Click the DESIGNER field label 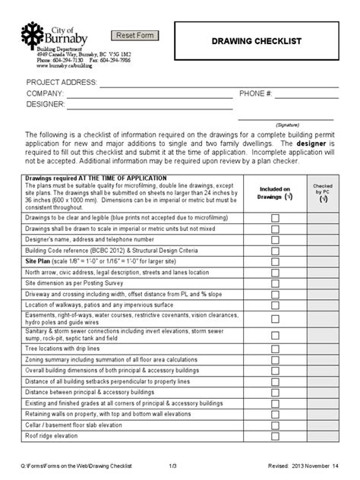(46, 105)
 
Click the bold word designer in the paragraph (317, 142)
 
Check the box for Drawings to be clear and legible (275, 217)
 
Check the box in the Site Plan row (275, 259)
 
